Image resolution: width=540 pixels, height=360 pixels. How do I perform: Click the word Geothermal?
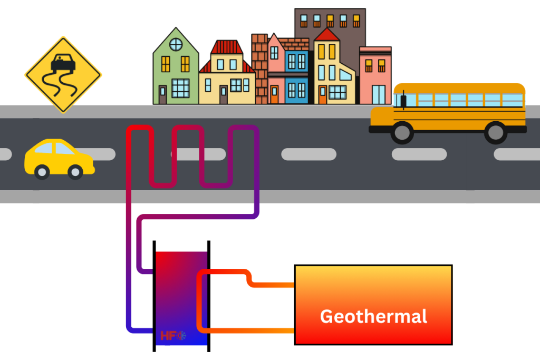373,316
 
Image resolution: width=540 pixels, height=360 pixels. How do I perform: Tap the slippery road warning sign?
63,74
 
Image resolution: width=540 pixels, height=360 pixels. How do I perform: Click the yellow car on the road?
59,158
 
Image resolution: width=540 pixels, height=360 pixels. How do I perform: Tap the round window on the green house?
176,44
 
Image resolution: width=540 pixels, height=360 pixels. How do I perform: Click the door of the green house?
162,94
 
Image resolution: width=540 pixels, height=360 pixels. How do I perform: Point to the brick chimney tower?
259,69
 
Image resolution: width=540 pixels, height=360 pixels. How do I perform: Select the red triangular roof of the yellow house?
327,35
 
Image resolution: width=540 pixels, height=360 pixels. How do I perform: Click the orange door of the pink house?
274,94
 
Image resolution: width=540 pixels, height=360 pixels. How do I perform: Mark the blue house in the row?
296,76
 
